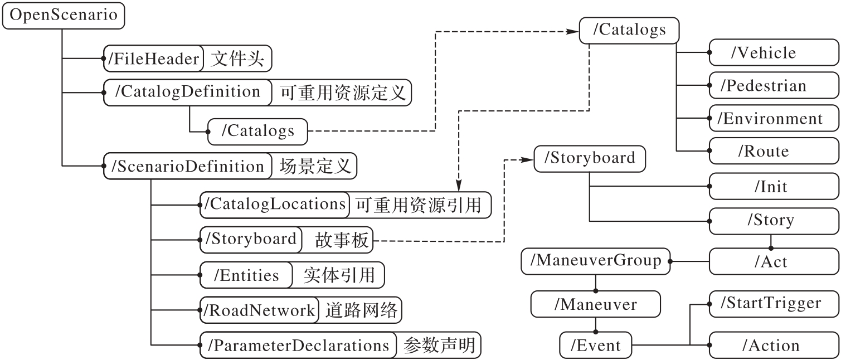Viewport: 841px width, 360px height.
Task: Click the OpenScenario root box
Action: point(64,16)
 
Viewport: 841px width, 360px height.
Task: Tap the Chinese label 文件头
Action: point(237,59)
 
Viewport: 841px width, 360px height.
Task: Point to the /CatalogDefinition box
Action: point(187,92)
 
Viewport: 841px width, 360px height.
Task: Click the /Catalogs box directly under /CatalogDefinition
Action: point(257,131)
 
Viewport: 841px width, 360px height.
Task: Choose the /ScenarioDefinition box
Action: point(187,166)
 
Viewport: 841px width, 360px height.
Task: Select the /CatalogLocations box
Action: point(274,205)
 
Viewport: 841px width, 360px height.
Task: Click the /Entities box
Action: point(246,275)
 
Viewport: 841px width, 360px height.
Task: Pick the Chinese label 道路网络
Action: point(362,310)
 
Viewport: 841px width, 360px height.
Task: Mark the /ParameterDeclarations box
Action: point(298,346)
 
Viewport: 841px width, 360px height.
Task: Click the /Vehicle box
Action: point(774,53)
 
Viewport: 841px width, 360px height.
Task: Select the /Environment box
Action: point(774,119)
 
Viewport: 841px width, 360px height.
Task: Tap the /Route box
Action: point(774,151)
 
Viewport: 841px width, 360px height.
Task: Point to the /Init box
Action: point(774,186)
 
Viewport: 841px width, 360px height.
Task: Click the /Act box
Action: point(774,261)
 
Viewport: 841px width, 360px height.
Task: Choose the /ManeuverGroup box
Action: point(595,260)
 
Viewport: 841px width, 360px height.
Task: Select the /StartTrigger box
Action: point(774,304)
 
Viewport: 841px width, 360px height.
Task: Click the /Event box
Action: point(595,346)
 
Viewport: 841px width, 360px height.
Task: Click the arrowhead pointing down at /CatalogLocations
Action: point(458,187)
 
